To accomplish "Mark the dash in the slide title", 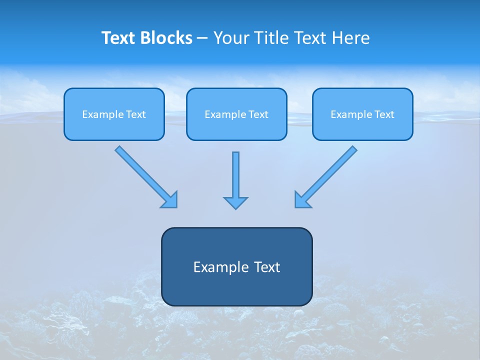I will (x=202, y=38).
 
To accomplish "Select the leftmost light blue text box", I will (x=114, y=114).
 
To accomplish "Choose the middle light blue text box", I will (x=236, y=114).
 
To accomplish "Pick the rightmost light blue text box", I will (x=362, y=114).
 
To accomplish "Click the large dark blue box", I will (x=236, y=287).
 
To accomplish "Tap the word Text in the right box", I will (x=384, y=114).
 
